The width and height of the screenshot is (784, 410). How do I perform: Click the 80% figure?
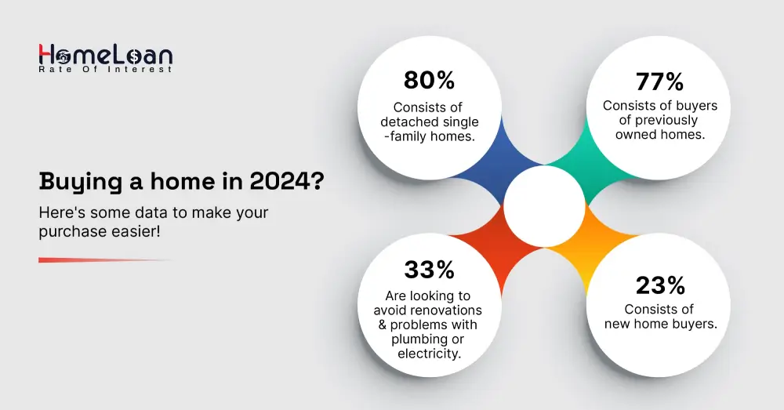click(429, 81)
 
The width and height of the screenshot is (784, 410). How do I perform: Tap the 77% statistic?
click(659, 81)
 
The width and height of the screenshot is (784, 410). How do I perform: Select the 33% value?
click(429, 270)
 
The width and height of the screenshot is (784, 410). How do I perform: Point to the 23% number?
click(659, 284)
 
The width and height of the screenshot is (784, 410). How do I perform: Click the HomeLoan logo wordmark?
click(105, 54)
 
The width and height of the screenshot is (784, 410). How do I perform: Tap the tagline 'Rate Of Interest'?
click(105, 70)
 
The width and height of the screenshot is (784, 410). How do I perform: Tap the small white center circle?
click(544, 205)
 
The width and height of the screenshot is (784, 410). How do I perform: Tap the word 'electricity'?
click(429, 353)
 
